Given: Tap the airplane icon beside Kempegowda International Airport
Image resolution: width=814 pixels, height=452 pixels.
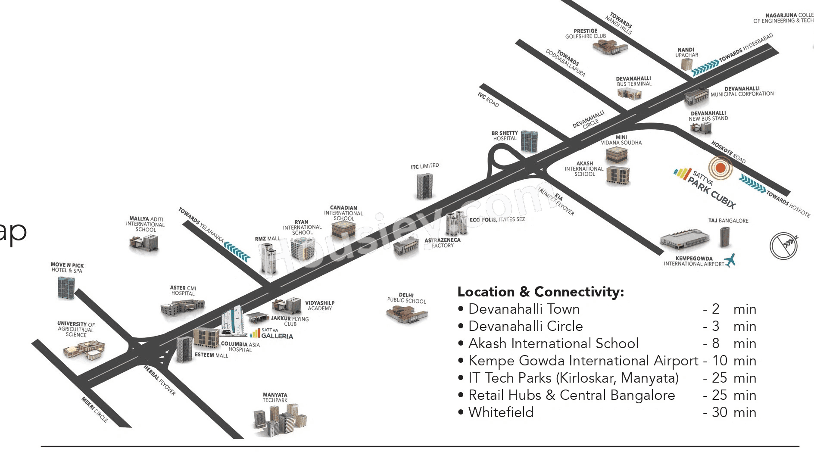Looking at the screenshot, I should (x=730, y=260).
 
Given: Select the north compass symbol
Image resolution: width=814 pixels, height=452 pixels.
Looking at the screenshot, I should (x=783, y=246).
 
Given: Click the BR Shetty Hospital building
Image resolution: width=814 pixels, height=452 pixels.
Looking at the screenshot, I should (x=529, y=141).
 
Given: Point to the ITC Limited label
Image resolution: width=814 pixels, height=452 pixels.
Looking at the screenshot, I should (x=424, y=166).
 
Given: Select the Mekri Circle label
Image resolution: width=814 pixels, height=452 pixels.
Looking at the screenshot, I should (x=94, y=409).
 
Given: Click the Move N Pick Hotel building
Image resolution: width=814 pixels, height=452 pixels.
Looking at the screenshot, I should (x=66, y=287).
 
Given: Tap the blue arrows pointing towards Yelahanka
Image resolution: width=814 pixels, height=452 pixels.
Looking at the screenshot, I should (x=237, y=252).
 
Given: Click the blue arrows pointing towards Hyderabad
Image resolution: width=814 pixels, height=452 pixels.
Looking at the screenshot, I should (x=705, y=68).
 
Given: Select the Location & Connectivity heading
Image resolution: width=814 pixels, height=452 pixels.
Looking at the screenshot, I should (x=540, y=292).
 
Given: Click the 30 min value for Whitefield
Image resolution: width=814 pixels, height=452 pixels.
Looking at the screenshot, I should (x=733, y=412).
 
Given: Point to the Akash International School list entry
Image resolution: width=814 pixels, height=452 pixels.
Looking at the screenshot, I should (x=553, y=343).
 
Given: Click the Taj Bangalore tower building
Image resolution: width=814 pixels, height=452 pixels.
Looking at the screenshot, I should (x=724, y=237).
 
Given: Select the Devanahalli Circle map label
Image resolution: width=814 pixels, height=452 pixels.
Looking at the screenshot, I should (x=588, y=120).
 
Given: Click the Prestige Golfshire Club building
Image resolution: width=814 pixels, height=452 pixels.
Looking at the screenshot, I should (x=609, y=47).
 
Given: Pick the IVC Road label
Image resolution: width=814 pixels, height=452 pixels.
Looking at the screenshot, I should (x=488, y=100).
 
